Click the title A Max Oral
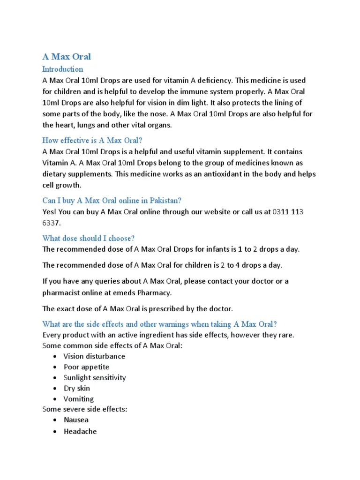point(67,57)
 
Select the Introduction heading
point(63,69)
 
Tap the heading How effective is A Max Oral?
point(92,140)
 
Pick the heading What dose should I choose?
point(88,238)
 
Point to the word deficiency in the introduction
point(210,80)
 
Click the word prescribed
point(183,308)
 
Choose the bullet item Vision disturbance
point(94,356)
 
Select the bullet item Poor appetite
point(86,367)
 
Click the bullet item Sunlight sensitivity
point(95,378)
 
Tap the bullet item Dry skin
point(77,389)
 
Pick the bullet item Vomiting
point(79,399)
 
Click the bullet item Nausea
point(76,420)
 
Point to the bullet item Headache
point(80,431)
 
